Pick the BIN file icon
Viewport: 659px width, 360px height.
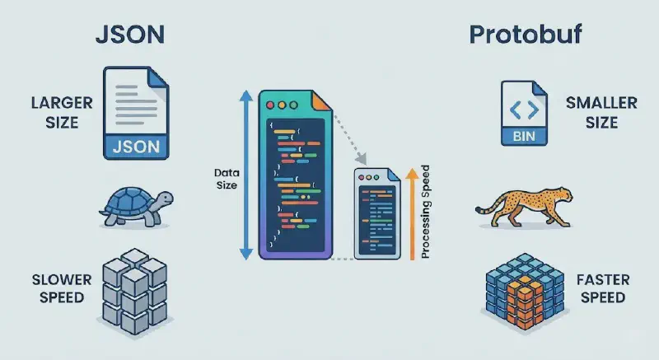tap(525, 115)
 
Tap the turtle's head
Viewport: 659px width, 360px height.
tap(165, 199)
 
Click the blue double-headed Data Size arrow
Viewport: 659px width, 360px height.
tap(245, 174)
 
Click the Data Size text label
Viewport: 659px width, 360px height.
tap(226, 179)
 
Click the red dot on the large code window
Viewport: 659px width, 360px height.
tap(272, 106)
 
